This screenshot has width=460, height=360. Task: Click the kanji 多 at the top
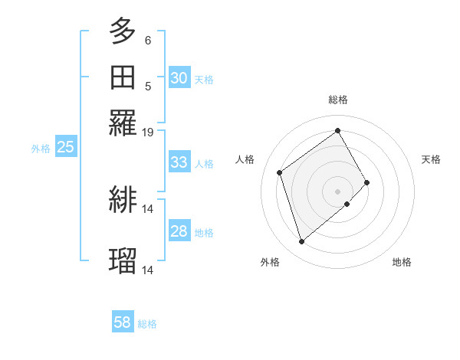click(x=123, y=32)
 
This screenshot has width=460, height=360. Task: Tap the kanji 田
click(x=123, y=78)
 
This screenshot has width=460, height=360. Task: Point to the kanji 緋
click(x=123, y=200)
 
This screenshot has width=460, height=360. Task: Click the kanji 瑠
click(x=123, y=261)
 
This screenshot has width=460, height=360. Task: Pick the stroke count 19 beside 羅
click(x=148, y=133)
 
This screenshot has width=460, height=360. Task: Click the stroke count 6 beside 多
click(x=148, y=40)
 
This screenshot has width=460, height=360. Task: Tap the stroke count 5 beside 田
click(x=148, y=86)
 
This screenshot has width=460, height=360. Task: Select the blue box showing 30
click(x=179, y=78)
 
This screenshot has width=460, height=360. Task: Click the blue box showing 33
click(x=179, y=162)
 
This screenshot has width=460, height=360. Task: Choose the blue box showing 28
click(x=179, y=231)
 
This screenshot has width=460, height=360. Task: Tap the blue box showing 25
click(x=65, y=147)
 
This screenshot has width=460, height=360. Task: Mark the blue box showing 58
click(x=122, y=323)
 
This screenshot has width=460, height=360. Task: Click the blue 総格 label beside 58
click(x=147, y=324)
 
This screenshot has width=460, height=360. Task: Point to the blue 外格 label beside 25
click(x=41, y=148)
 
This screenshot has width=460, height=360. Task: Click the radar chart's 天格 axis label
click(x=431, y=159)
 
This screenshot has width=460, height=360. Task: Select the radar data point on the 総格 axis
click(x=338, y=130)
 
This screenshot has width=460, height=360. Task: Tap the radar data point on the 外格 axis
click(x=302, y=242)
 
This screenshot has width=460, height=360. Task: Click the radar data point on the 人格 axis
click(x=280, y=172)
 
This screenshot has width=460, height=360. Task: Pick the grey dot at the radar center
click(x=338, y=190)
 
